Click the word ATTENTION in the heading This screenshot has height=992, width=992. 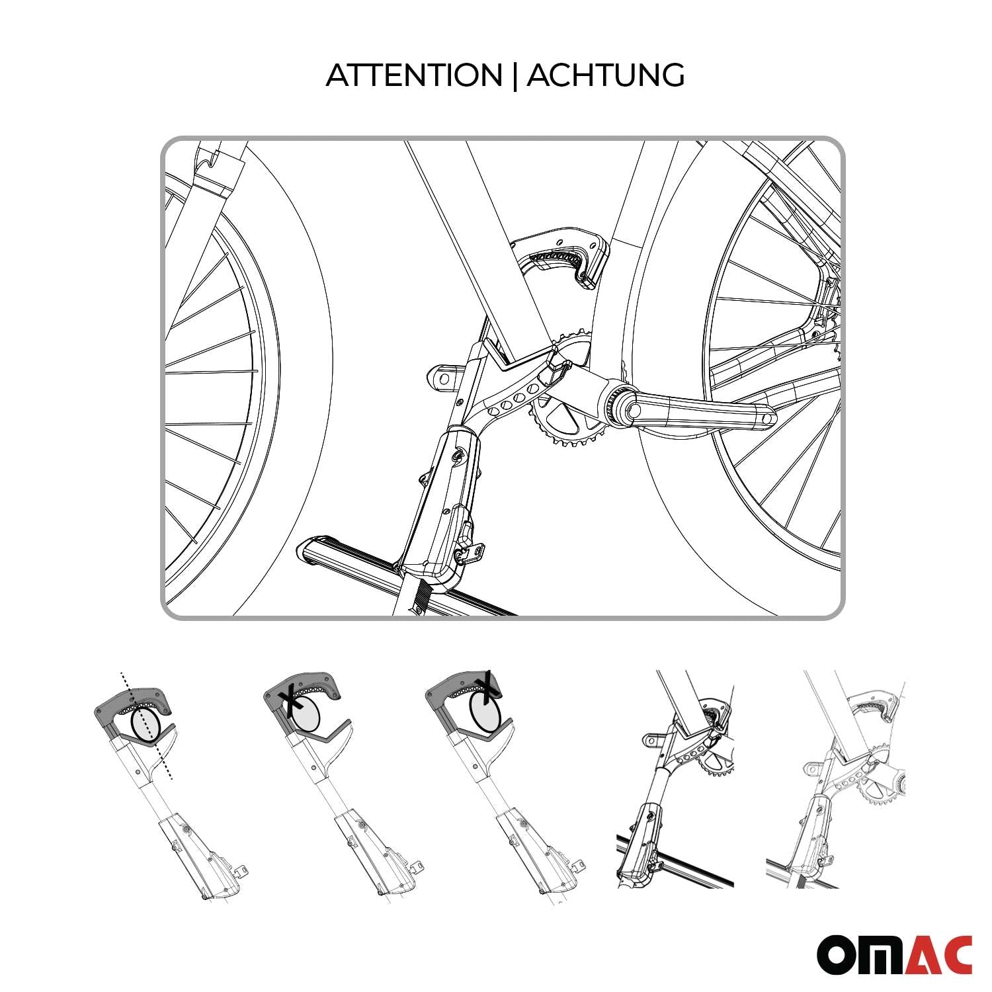tap(414, 75)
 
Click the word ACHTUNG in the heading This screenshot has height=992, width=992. tap(605, 75)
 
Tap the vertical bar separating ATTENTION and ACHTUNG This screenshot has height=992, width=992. tap(515, 75)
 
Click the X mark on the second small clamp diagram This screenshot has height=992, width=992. tap(289, 702)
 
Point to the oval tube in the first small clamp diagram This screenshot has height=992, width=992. tap(147, 725)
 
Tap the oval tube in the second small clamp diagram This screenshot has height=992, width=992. tap(306, 715)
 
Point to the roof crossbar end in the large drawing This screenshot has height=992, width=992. tap(311, 549)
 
